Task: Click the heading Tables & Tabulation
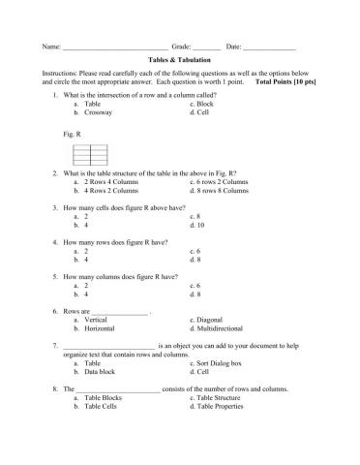(180, 59)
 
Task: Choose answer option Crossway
(99, 113)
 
